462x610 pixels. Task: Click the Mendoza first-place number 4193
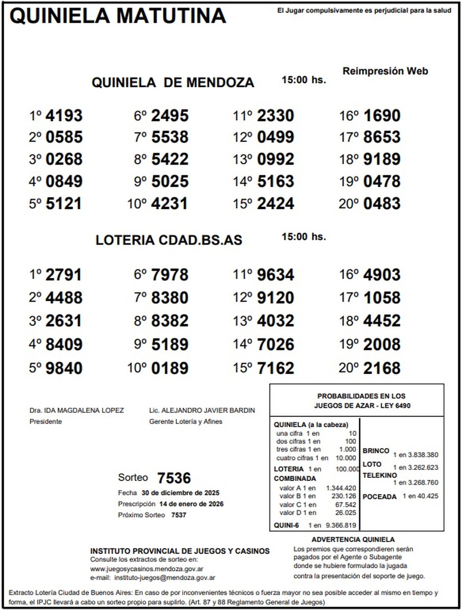coord(64,115)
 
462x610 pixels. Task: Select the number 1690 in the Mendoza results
coord(382,115)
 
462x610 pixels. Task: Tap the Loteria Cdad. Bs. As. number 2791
coord(64,275)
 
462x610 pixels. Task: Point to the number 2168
coord(382,368)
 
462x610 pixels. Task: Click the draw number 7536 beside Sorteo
coord(174,478)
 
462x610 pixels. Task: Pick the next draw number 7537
coord(179,515)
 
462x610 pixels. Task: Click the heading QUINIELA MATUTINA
coord(118,16)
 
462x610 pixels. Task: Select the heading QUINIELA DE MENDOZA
coord(173,82)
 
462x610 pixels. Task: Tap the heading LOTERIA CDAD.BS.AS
coord(169,240)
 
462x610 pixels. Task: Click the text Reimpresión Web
coord(385,71)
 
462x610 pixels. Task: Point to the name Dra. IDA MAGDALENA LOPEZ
coord(77,410)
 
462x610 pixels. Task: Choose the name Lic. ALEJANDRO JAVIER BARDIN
coord(202,410)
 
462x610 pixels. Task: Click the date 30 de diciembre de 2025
coord(180,493)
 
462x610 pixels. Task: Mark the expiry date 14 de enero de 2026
coord(191,504)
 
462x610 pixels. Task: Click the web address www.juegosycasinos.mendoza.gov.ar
coord(147,568)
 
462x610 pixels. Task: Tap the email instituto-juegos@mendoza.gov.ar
coord(165,577)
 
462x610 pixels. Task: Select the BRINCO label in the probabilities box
coord(376,451)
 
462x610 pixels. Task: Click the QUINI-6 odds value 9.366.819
coord(341,525)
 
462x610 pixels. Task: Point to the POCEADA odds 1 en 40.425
coord(420,496)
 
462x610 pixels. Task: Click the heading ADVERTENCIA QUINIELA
coord(353,540)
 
